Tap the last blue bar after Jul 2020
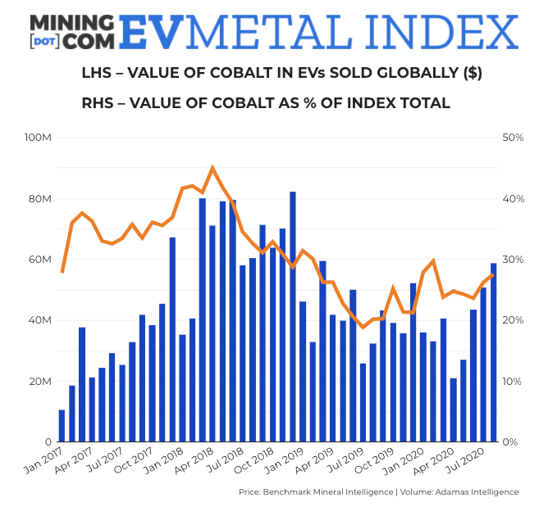[x=493, y=352]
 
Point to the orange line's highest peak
[x=212, y=168]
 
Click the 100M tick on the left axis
[x=38, y=138]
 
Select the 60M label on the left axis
[x=40, y=260]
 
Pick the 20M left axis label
[x=40, y=382]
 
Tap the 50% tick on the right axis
[x=513, y=138]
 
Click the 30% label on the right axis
[x=513, y=260]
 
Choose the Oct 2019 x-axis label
[x=377, y=463]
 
